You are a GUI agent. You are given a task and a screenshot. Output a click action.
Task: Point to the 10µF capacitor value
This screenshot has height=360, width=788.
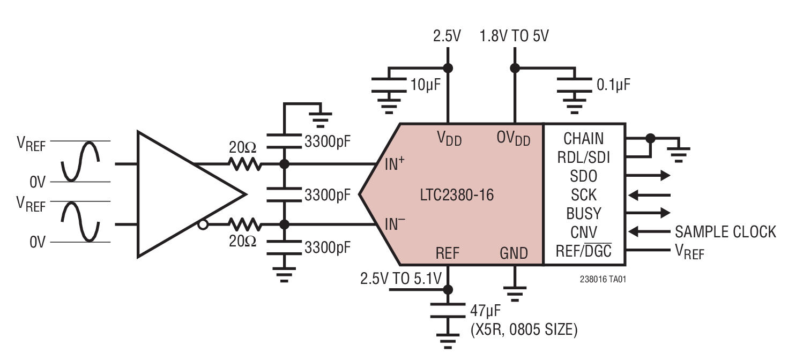pyautogui.click(x=426, y=85)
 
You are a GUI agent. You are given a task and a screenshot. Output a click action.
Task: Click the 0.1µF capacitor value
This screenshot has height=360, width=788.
pyautogui.click(x=613, y=85)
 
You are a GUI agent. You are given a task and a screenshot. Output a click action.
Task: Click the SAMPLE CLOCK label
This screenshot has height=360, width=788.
pyautogui.click(x=725, y=232)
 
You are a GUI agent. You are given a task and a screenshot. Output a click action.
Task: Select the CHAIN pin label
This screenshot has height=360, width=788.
pyautogui.click(x=583, y=139)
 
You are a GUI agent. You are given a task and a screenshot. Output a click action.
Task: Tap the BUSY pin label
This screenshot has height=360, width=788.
pyautogui.click(x=583, y=213)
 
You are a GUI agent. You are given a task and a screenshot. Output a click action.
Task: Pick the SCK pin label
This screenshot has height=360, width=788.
pyautogui.click(x=583, y=194)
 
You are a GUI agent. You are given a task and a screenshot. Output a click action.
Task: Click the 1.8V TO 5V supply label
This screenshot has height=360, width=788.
pyautogui.click(x=515, y=36)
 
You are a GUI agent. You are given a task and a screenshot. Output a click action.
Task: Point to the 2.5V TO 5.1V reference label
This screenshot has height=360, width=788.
pyautogui.click(x=400, y=279)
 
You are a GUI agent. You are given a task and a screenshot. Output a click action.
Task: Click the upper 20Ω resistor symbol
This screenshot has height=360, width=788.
pyautogui.click(x=245, y=164)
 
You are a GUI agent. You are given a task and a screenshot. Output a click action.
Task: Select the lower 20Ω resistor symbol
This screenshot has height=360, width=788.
pyautogui.click(x=245, y=224)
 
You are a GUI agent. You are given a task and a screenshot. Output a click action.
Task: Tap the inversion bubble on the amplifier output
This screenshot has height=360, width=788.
pyautogui.click(x=203, y=224)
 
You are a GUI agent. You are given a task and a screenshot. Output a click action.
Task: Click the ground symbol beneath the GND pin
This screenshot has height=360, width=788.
pyautogui.click(x=514, y=294)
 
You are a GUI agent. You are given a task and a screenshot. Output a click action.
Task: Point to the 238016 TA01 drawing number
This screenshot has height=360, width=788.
pyautogui.click(x=602, y=280)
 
